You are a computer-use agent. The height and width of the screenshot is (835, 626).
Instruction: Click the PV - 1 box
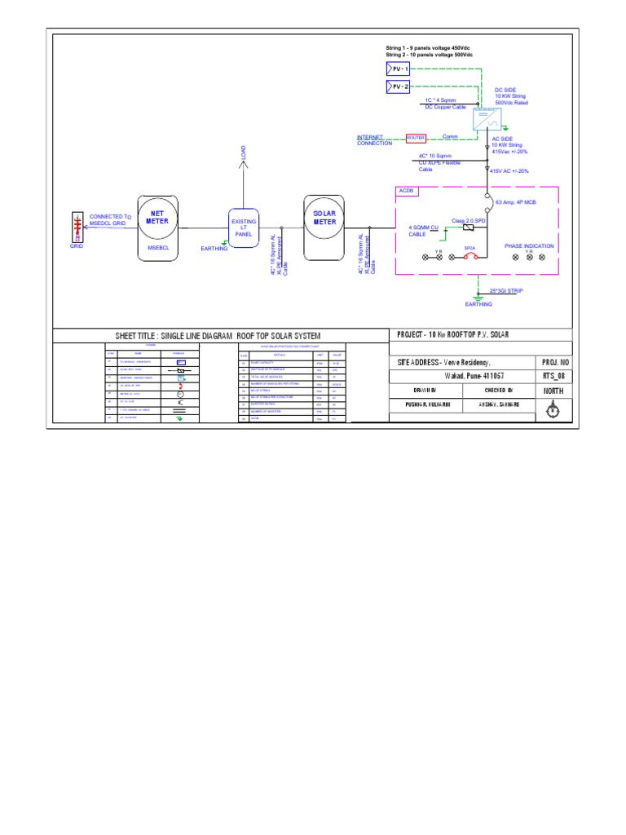pos(398,69)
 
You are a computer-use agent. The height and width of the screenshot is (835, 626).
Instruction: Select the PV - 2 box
pos(398,87)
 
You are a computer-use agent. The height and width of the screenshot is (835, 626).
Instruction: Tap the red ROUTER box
pos(417,138)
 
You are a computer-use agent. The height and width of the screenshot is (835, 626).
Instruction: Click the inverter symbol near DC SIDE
pos(488,120)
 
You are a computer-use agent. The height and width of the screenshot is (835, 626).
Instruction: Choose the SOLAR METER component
pos(324,228)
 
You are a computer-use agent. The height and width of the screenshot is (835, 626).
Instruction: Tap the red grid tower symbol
pos(77,227)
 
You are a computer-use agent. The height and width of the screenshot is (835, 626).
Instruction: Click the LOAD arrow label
pos(243,153)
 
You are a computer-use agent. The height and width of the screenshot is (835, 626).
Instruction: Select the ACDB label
pos(407,191)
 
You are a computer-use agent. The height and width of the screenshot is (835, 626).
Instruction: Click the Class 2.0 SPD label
pos(469,220)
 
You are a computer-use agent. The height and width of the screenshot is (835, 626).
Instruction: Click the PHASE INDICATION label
pos(529,245)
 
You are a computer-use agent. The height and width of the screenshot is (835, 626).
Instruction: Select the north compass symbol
pos(553,411)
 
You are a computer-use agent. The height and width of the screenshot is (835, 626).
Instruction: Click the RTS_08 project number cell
pos(553,377)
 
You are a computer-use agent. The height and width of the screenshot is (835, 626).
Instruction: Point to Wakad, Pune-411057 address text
pos(462,377)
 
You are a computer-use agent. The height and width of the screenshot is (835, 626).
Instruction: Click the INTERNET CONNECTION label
pos(375,140)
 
